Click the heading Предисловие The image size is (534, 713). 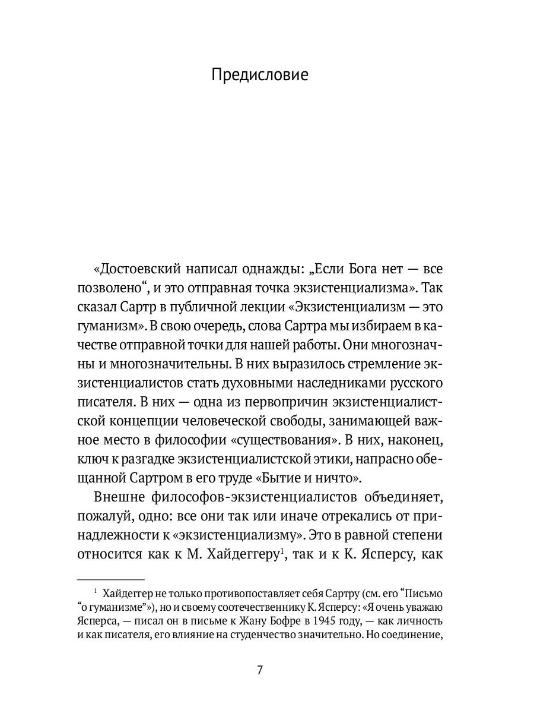point(260,76)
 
